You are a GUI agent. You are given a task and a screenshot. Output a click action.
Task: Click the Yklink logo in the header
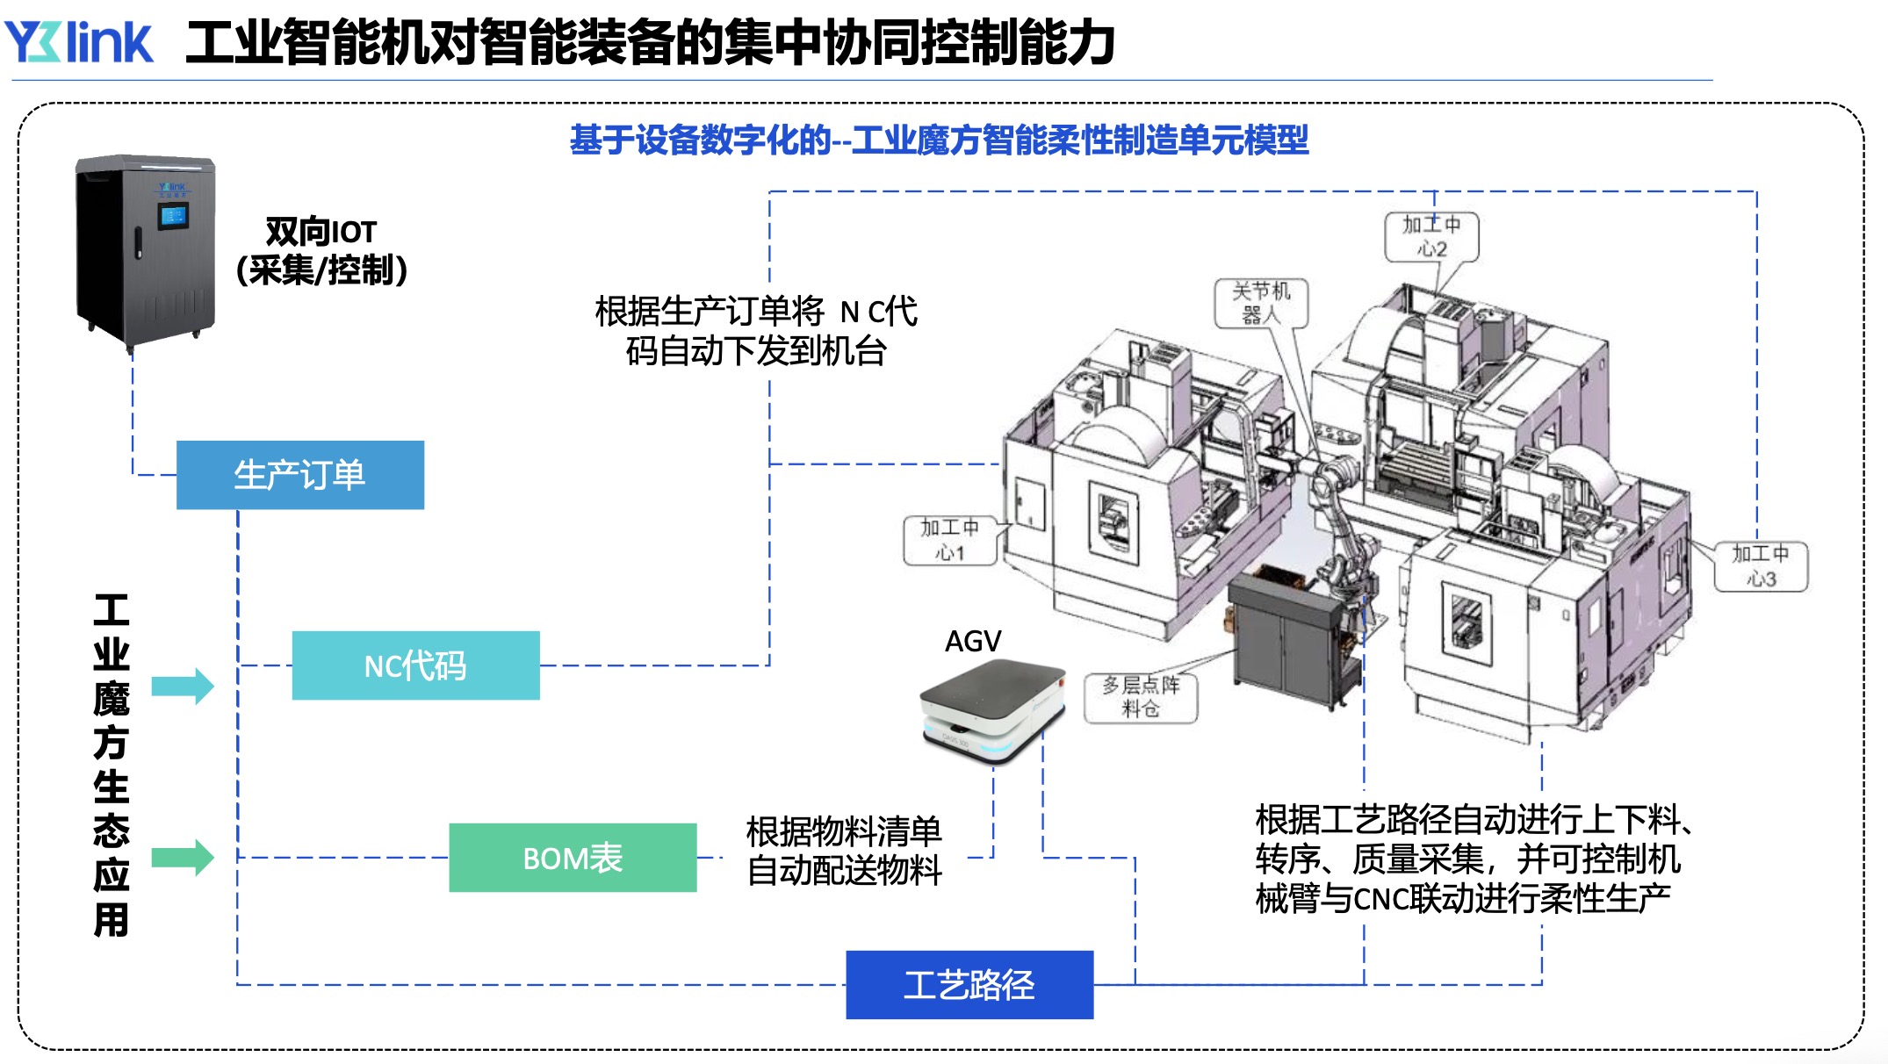click(79, 41)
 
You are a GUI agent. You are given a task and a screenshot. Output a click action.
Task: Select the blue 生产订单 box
click(299, 475)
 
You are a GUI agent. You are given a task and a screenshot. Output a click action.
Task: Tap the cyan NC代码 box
click(415, 665)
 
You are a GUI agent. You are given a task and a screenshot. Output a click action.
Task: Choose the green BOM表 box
click(573, 858)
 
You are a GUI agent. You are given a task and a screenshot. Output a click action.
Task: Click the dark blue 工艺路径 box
click(969, 985)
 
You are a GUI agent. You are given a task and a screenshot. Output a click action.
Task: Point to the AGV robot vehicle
click(992, 711)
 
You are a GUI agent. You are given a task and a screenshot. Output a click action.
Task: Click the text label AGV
click(973, 642)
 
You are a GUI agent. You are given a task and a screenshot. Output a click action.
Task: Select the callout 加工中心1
click(949, 540)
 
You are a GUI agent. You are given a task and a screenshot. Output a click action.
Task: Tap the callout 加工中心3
click(1761, 566)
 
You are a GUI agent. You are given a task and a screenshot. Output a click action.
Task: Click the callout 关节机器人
click(1261, 303)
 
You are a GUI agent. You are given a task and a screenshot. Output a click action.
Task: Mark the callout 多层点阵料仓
click(1141, 697)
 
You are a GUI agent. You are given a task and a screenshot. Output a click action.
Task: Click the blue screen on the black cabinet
click(173, 215)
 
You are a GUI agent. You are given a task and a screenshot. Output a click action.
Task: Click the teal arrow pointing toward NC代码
click(182, 686)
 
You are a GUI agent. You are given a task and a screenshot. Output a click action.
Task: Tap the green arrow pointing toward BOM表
click(182, 858)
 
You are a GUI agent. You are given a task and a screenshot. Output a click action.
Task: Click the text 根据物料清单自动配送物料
click(844, 851)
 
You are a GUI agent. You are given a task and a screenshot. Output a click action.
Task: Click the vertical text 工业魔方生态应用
click(112, 765)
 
